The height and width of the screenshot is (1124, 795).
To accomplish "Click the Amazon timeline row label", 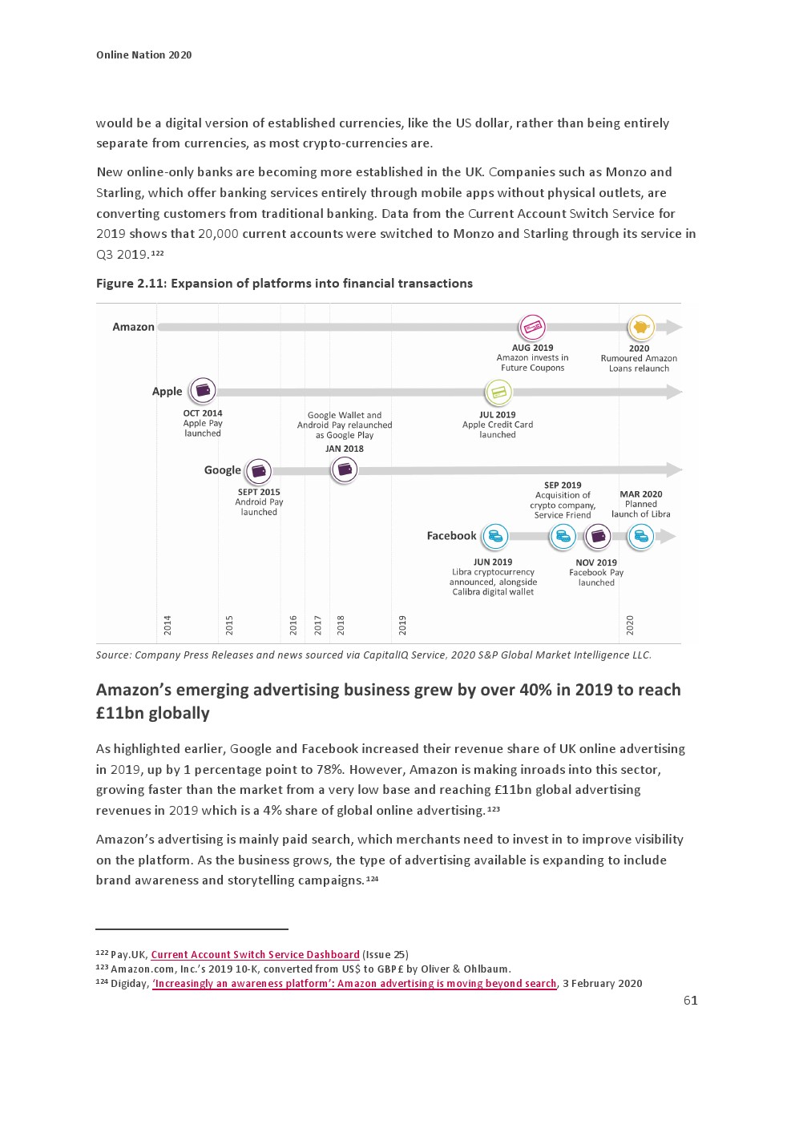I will pos(133,327).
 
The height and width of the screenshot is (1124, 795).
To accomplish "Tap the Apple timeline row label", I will pos(167,391).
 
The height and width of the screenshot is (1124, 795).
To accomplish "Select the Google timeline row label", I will pos(222,470).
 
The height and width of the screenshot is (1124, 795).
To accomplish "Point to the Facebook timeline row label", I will pos(451,536).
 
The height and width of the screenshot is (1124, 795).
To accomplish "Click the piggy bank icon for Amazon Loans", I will pos(640,327).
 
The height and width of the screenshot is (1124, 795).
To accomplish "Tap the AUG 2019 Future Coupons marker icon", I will pos(532,327).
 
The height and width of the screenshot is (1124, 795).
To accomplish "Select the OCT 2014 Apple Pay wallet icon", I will pos(203,391).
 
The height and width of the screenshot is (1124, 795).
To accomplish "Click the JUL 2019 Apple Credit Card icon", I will pos(498,393).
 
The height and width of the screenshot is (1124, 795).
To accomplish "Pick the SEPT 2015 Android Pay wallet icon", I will pos(258,470).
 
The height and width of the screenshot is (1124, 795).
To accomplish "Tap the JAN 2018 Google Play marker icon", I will pos(345,469).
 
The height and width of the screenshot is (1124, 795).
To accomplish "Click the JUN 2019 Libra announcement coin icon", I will pos(494,536).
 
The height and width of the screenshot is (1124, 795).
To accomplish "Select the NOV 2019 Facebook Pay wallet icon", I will pos(597,537).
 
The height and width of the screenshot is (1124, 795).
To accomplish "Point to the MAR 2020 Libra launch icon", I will pos(640,537).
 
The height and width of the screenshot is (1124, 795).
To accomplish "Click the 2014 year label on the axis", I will pos(167,625).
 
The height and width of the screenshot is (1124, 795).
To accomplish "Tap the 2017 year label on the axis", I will pos(318,625).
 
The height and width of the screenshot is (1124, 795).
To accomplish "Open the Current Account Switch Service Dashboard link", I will pos(255,955).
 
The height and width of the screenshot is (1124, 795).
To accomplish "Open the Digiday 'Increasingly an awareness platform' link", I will pos(354,984).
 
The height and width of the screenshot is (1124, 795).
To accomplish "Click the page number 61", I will pos(690,1001).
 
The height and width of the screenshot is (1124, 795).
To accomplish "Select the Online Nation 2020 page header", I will pos(144,55).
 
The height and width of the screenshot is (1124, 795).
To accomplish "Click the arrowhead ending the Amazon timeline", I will pos(673,327).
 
